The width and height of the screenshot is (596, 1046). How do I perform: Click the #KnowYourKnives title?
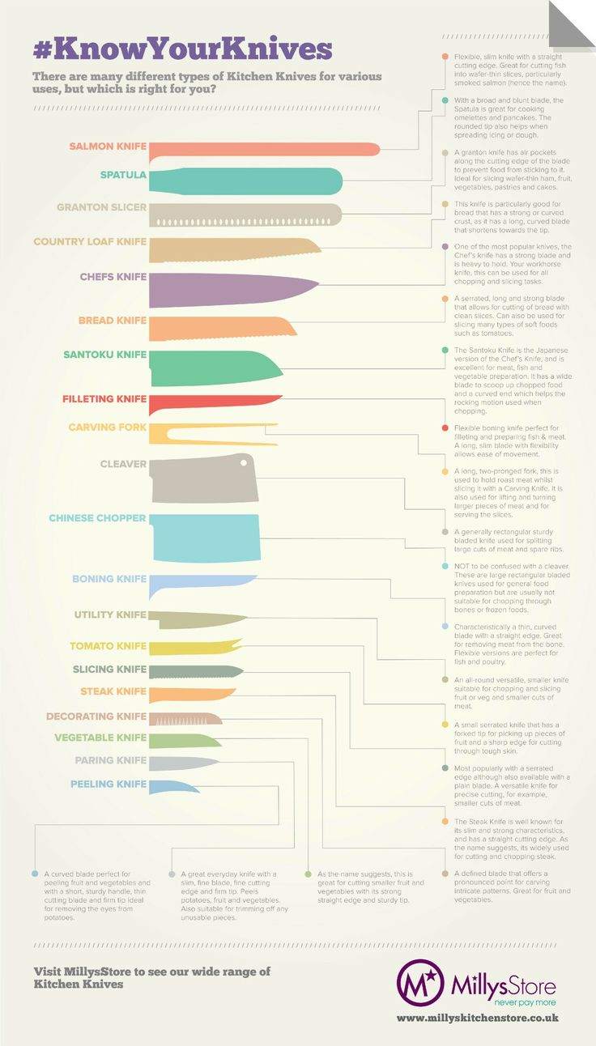click(182, 49)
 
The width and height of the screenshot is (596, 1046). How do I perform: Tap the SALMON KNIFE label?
click(108, 147)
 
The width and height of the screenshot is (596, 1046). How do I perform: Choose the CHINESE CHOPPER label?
click(97, 518)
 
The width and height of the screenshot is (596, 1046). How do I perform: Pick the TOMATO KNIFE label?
click(108, 646)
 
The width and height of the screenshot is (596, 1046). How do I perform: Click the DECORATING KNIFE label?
click(96, 716)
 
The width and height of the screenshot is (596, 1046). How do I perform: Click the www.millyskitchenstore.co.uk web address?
click(478, 1018)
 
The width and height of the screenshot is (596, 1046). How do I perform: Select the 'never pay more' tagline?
click(502, 1001)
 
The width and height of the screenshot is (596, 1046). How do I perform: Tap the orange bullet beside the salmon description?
click(445, 56)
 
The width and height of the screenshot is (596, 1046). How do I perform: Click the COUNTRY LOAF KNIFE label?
click(90, 241)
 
